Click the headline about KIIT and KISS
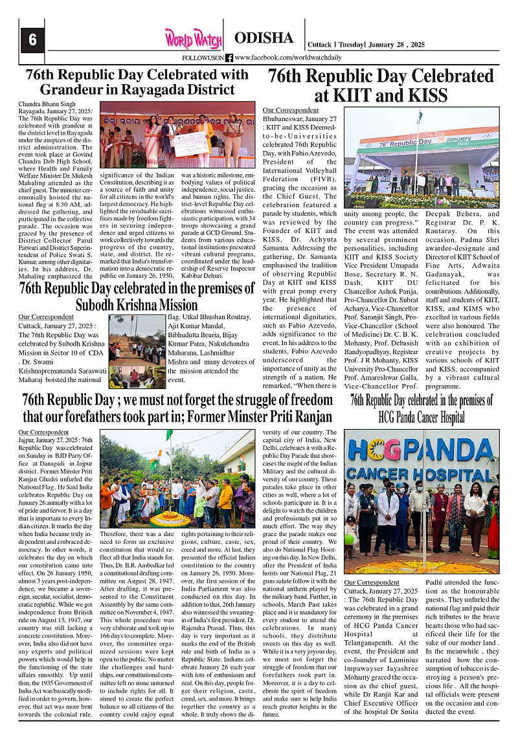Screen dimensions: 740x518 point(381,86)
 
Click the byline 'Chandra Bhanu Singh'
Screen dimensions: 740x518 point(47,104)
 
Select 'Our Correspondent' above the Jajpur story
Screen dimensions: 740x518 point(43,432)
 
